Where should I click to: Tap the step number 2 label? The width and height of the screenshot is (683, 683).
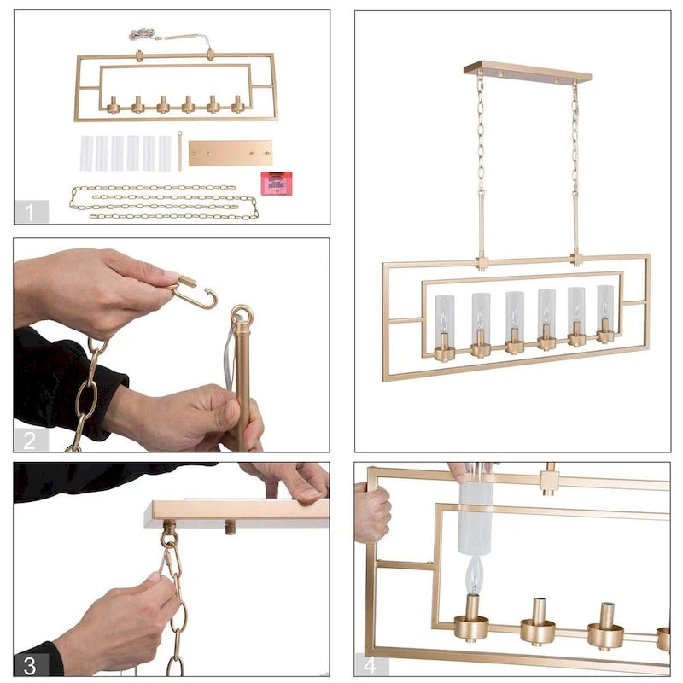[31, 441]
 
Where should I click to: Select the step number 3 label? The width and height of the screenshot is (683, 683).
[31, 665]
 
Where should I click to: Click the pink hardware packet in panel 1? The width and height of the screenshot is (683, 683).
[277, 183]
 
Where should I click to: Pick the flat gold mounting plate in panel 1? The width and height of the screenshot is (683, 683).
[231, 153]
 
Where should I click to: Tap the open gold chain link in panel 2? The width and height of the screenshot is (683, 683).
[195, 294]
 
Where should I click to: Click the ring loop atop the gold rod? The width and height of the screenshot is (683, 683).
[242, 317]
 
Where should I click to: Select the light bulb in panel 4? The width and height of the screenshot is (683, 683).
[471, 575]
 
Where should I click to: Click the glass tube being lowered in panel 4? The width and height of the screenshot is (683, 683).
[476, 517]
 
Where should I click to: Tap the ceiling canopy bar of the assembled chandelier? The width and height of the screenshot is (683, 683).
[528, 72]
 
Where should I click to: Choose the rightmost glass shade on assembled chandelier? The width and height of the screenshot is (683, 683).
[605, 309]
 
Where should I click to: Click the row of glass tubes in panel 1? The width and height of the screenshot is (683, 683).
[126, 153]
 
